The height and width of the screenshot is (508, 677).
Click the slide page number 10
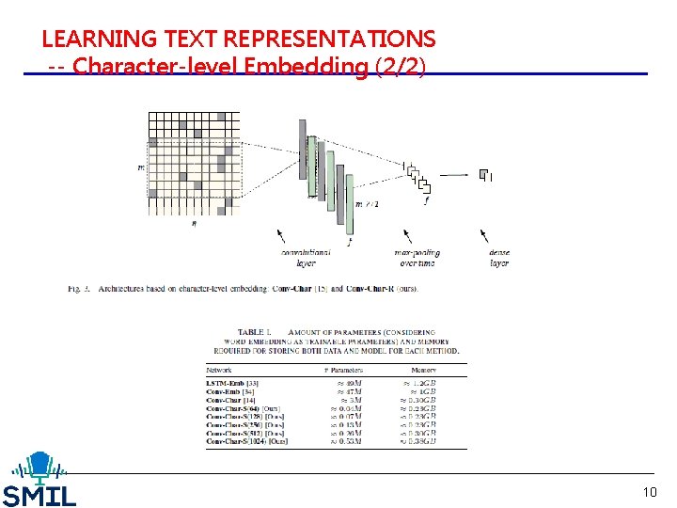[650, 492]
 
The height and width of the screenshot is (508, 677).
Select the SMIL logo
[39, 480]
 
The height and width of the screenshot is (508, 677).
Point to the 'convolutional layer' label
[306, 258]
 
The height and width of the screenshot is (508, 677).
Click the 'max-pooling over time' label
[417, 258]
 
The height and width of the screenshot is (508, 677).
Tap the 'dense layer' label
[498, 258]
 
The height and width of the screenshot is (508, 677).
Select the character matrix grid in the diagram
[194, 163]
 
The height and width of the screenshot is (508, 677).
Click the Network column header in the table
[219, 371]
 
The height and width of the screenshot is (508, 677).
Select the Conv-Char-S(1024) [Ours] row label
[247, 441]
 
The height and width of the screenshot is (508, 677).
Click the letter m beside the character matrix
[141, 168]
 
